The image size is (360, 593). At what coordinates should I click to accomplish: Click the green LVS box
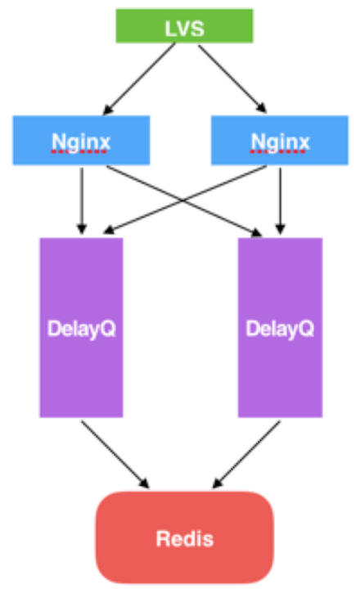[185, 25]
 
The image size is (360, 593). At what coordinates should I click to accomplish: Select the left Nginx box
[81, 141]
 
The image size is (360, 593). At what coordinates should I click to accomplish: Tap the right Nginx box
[280, 141]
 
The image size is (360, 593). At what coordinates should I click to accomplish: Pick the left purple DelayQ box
[81, 327]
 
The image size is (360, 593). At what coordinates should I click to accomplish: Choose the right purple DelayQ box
[280, 327]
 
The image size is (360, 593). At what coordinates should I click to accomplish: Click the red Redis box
[185, 537]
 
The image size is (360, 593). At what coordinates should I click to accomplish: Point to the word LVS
[185, 29]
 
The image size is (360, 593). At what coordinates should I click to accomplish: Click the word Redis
[185, 538]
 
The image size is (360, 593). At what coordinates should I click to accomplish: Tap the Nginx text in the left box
[81, 142]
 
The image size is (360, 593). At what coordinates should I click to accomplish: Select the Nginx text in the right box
[280, 142]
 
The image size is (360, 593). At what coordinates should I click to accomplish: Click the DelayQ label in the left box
[81, 329]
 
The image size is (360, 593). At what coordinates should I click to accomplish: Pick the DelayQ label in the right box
[280, 329]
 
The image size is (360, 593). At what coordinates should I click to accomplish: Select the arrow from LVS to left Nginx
[139, 79]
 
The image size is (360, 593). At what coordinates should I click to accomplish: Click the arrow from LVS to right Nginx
[232, 79]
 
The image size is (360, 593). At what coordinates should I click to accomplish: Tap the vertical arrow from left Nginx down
[82, 201]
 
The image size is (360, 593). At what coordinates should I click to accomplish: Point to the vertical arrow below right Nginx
[280, 201]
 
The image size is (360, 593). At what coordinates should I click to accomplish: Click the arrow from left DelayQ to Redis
[115, 455]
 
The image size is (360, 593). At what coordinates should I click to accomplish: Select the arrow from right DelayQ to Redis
[246, 455]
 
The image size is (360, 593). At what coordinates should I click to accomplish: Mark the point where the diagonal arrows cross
[182, 200]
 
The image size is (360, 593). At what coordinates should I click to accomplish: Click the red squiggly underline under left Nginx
[79, 152]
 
